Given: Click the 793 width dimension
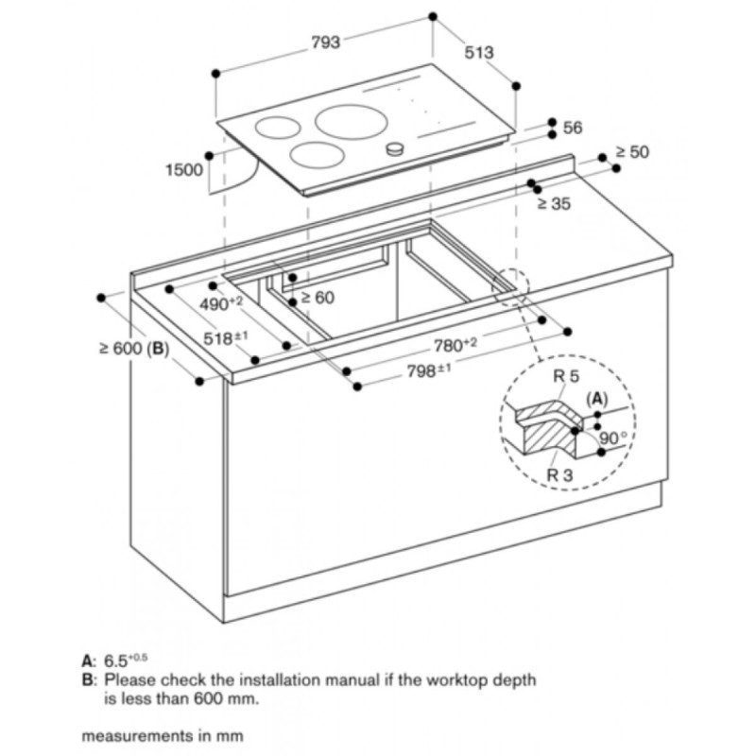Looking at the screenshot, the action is coord(325,43).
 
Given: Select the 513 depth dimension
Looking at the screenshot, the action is coord(479,52).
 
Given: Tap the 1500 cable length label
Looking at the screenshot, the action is coord(184,170).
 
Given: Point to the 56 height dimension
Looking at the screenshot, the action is coord(573,128).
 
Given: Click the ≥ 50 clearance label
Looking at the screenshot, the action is coord(632,152).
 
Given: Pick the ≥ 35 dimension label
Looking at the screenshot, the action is coord(554,203).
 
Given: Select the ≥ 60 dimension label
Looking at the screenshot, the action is coord(318,298).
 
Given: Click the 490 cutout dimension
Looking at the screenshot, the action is coord(221,303).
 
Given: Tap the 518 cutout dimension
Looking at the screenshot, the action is coord(226,337).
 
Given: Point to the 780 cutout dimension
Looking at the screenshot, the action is coord(455,345).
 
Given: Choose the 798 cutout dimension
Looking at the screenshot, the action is coord(430,370).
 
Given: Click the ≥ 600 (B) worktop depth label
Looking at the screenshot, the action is coord(134,348).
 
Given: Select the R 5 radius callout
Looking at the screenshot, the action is coord(566,376).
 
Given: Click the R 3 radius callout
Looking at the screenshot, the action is coord(559,475).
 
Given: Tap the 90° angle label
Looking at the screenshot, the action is coord(612,438).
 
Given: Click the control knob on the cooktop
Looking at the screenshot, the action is coord(395,149).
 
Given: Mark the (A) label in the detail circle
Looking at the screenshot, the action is coord(597,399).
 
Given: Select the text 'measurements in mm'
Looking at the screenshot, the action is coord(163,736).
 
